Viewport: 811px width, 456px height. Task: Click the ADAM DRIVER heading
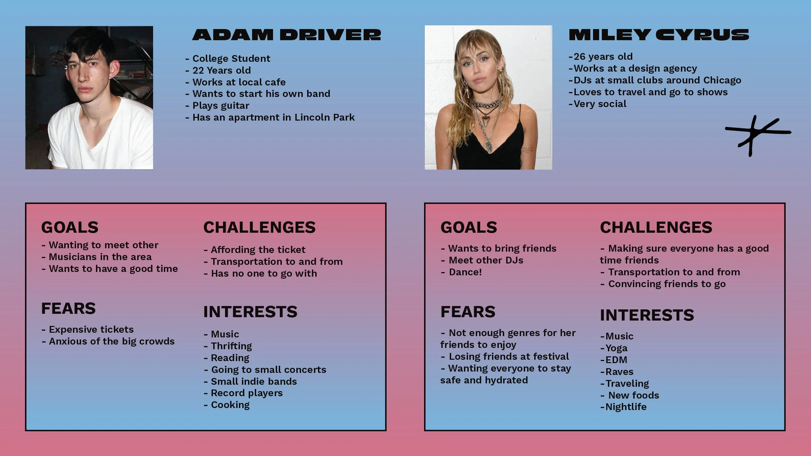[287, 35]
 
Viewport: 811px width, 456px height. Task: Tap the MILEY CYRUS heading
[659, 35]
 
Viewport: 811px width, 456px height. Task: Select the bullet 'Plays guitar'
[220, 106]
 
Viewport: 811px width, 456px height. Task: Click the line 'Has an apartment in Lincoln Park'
[273, 118]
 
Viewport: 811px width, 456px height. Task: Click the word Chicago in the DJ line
[722, 80]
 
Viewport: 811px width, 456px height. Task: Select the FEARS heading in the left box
[68, 308]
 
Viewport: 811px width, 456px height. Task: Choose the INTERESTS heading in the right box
[647, 315]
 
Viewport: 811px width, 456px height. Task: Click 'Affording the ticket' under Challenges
[257, 250]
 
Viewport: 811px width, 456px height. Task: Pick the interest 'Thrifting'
[231, 346]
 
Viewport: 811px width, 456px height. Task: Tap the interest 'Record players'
[246, 393]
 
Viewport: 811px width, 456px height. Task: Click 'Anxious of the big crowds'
[111, 341]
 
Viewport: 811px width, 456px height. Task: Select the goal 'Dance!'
[465, 272]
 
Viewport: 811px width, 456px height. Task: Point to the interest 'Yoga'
[616, 348]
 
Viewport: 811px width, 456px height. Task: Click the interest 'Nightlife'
[625, 407]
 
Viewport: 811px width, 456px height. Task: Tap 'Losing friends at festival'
[508, 357]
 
